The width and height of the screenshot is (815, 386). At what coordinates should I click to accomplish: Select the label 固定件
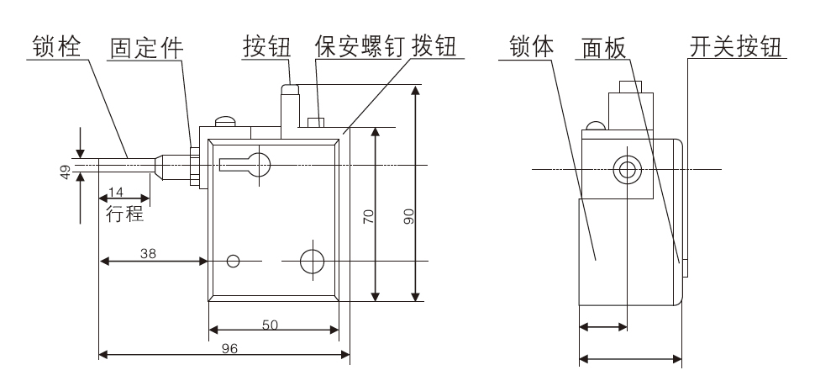click(149, 46)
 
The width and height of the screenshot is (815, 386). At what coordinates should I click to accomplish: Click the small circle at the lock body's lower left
click(234, 262)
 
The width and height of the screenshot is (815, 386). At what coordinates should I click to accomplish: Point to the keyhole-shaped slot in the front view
click(250, 162)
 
